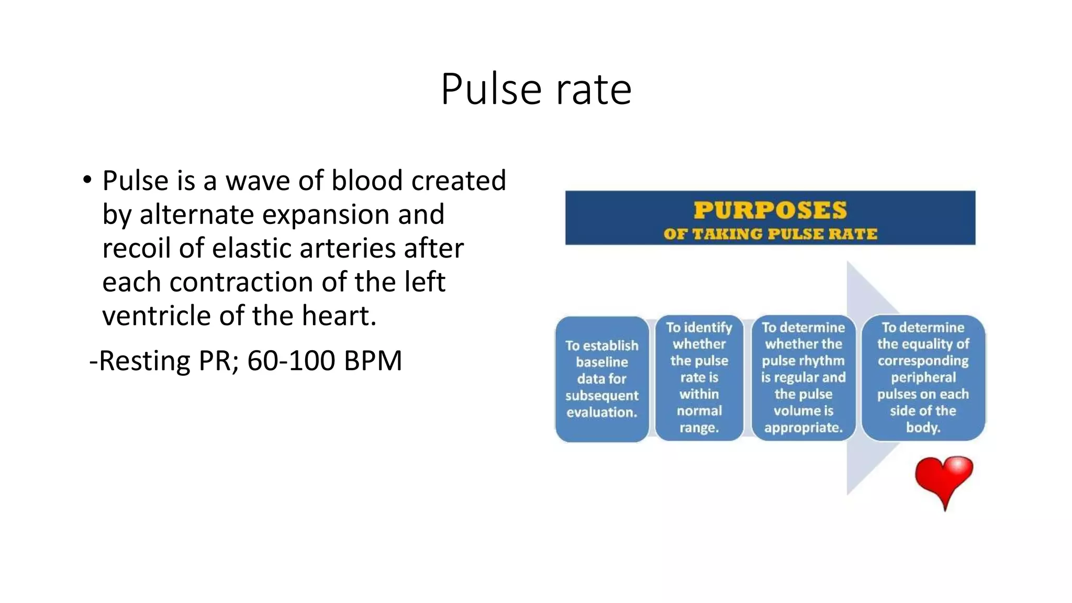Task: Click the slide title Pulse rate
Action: [536, 90]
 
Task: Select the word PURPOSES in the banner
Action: [770, 210]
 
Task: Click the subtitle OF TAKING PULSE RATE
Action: [770, 234]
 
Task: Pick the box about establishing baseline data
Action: [602, 379]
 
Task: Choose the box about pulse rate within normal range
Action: [699, 377]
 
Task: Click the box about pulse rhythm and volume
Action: [803, 377]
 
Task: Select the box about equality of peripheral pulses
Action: [923, 377]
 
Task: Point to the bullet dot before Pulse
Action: [87, 180]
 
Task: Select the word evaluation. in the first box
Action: [602, 412]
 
